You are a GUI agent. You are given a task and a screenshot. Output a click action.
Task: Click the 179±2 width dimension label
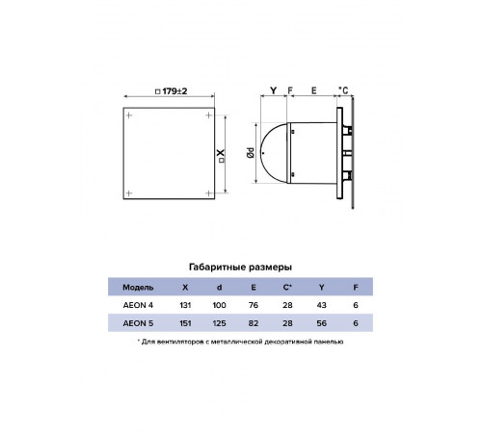point(171,91)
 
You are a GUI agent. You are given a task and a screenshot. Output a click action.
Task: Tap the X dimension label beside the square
point(221,156)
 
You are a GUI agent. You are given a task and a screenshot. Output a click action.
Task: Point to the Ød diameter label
point(251,153)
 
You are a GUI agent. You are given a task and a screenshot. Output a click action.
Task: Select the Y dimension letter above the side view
point(273,91)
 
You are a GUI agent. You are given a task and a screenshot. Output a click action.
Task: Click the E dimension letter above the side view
point(314,91)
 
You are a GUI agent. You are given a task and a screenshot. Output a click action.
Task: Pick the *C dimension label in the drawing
point(343,90)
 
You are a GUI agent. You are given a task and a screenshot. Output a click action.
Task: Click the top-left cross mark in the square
point(129,115)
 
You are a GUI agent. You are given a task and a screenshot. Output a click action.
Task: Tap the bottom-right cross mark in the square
point(209,193)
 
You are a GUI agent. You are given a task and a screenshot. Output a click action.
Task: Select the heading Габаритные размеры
point(240,267)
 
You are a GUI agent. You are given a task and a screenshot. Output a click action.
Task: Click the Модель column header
point(138,288)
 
